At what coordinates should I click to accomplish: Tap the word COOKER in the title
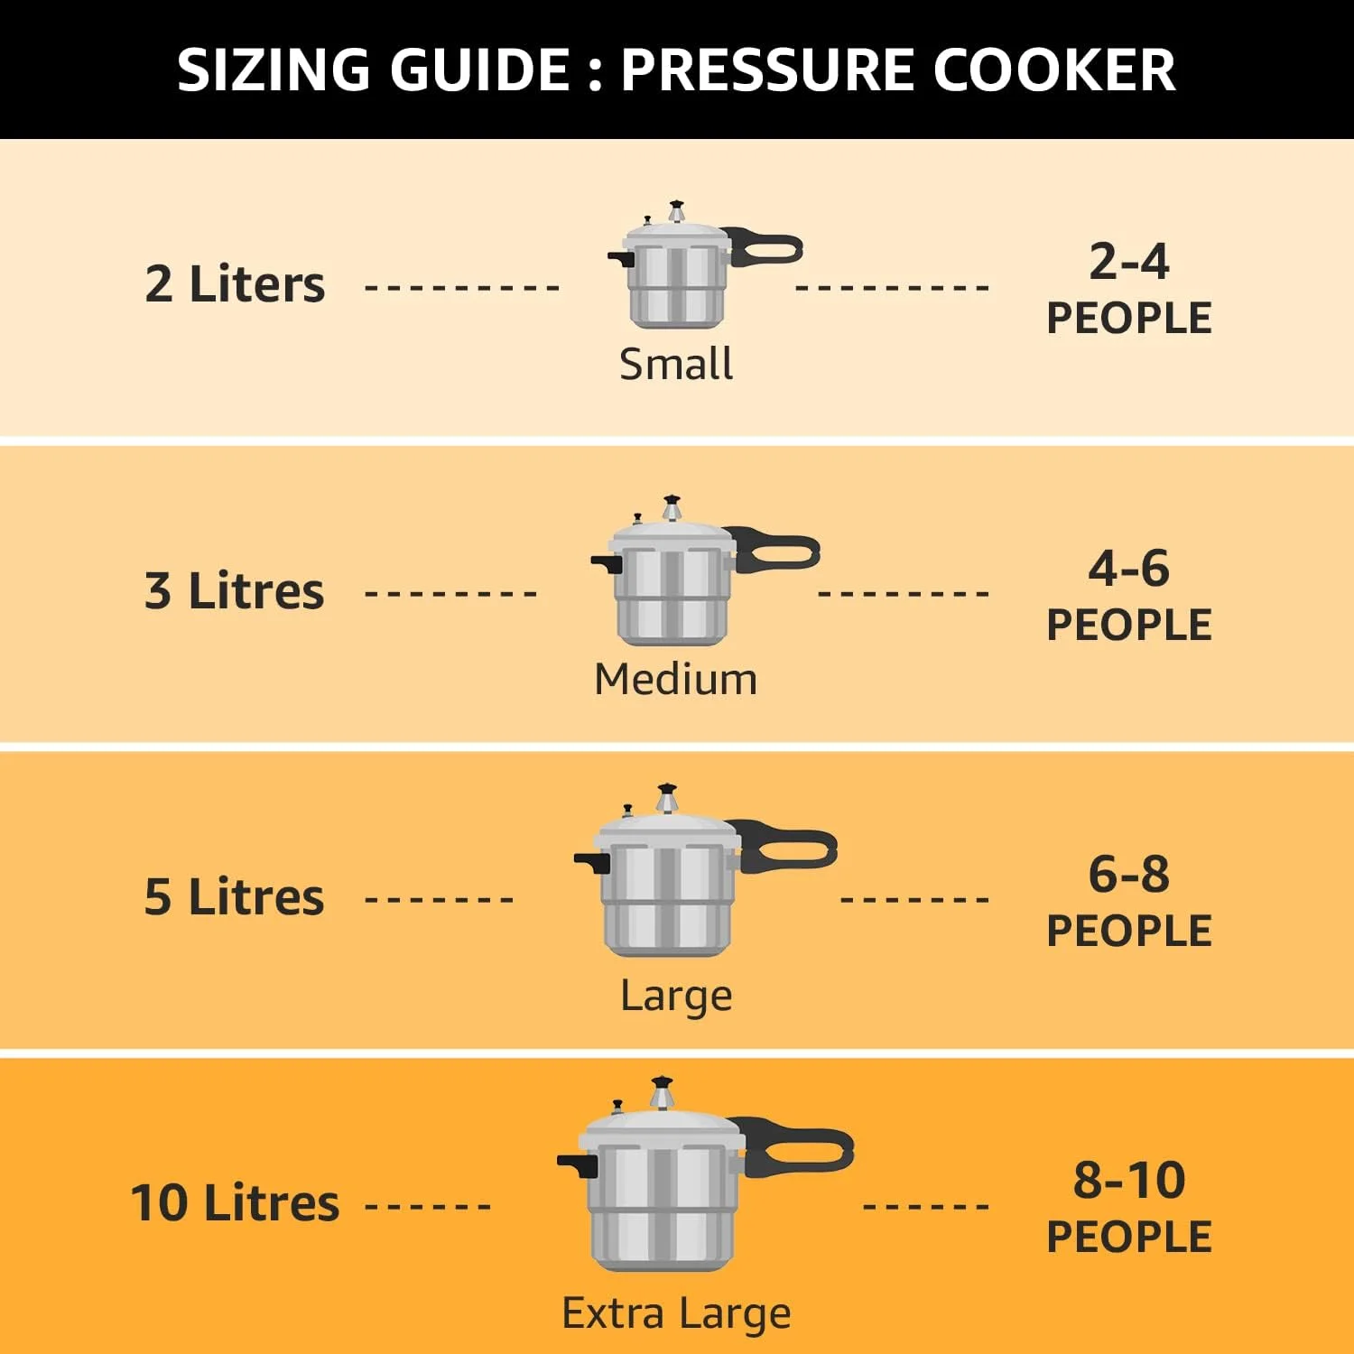[1053, 70]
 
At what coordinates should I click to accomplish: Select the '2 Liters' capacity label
[235, 284]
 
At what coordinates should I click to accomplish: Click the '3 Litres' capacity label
[235, 591]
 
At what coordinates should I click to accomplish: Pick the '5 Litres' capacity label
[235, 897]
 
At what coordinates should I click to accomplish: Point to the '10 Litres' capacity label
[235, 1203]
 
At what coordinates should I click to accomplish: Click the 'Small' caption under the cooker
[676, 364]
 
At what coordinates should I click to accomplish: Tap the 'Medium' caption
[676, 679]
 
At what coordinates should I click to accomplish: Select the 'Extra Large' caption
[676, 1313]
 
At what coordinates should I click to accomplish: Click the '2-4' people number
[1129, 262]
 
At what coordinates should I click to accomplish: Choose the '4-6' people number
[1129, 569]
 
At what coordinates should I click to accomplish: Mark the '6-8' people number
[1129, 875]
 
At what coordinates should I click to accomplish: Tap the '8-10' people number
[1129, 1181]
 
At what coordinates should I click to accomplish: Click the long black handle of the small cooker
[767, 247]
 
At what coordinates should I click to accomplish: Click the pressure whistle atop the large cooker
[667, 800]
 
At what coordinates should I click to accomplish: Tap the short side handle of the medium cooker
[607, 563]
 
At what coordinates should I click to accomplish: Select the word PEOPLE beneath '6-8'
[1129, 932]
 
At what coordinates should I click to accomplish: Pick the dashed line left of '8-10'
[926, 1206]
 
